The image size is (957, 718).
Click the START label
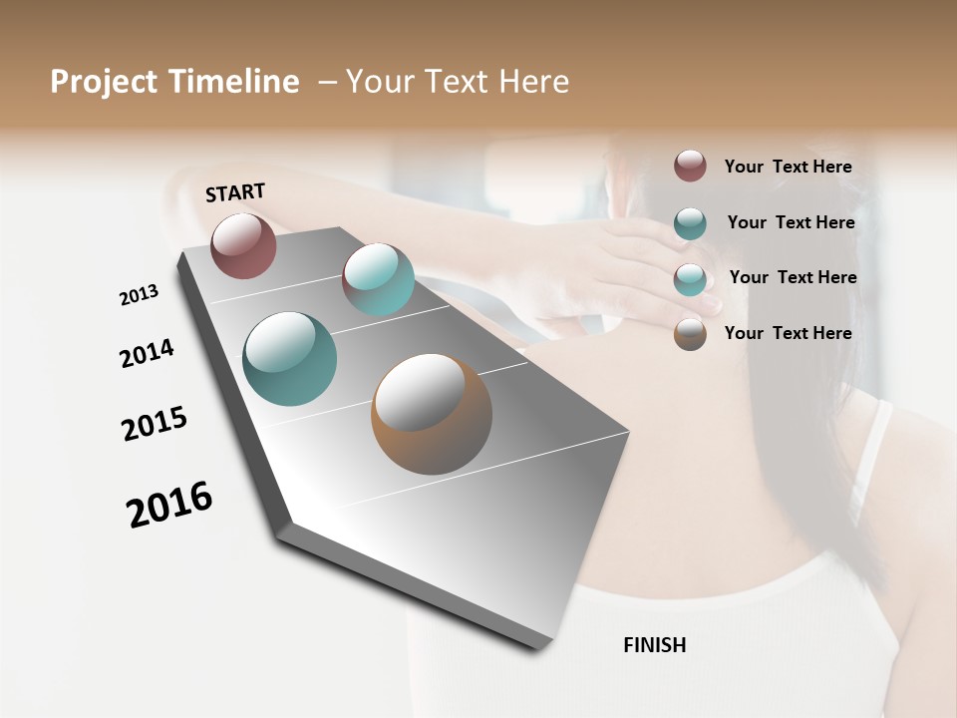(235, 192)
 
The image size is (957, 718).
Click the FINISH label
(654, 645)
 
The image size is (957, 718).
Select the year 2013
(139, 295)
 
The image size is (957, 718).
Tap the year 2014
(147, 353)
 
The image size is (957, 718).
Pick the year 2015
(155, 424)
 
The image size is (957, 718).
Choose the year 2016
(169, 504)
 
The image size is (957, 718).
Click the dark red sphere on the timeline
(243, 245)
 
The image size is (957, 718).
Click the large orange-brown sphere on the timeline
(432, 414)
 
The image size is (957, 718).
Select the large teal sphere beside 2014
(289, 359)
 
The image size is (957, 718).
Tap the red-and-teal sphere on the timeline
(378, 279)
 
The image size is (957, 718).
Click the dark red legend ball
(690, 166)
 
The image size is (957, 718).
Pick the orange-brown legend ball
(690, 334)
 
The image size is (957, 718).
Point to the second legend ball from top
(690, 223)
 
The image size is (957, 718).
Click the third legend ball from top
(690, 279)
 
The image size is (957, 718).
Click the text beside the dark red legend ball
(788, 167)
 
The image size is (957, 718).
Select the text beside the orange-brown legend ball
(788, 333)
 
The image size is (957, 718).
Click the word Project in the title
(105, 82)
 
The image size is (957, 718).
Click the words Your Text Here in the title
(458, 82)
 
